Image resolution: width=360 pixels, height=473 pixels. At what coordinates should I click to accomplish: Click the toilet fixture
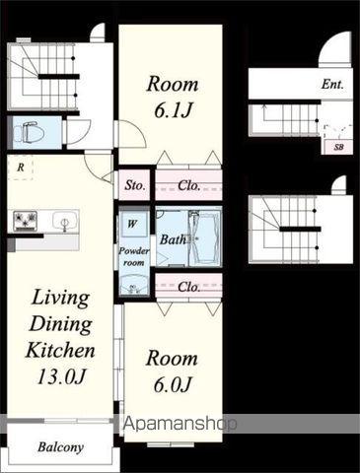[31, 132]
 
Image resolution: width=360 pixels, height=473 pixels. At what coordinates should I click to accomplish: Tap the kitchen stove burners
[25, 220]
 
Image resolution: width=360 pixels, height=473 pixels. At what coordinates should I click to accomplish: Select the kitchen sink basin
[65, 221]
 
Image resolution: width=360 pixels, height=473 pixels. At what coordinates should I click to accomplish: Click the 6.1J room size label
[173, 110]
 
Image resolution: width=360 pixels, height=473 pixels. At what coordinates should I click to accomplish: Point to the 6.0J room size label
[173, 384]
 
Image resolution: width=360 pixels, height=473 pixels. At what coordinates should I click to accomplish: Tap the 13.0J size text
[61, 376]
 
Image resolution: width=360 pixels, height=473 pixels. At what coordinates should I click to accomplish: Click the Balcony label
[60, 447]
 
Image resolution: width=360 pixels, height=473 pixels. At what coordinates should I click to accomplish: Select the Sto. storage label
[135, 185]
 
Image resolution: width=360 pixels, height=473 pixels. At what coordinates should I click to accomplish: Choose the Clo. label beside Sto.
[189, 186]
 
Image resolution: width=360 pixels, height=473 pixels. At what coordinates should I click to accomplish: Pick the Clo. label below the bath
[189, 287]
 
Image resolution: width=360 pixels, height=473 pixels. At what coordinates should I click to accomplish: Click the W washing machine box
[132, 224]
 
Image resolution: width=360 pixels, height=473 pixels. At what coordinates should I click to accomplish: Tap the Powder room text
[134, 256]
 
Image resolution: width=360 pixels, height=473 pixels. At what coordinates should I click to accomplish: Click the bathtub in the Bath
[204, 239]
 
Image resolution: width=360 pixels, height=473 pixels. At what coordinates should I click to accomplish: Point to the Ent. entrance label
[332, 85]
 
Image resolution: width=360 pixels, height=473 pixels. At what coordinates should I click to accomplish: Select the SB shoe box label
[338, 147]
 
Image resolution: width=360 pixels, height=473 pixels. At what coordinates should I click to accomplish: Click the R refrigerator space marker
[21, 168]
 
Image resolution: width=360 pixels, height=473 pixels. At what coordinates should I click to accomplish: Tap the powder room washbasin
[133, 286]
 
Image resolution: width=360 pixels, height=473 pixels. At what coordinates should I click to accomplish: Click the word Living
[60, 299]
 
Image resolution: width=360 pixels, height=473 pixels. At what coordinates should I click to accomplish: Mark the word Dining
[61, 325]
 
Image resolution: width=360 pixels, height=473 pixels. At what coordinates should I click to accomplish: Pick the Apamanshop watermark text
[180, 424]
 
